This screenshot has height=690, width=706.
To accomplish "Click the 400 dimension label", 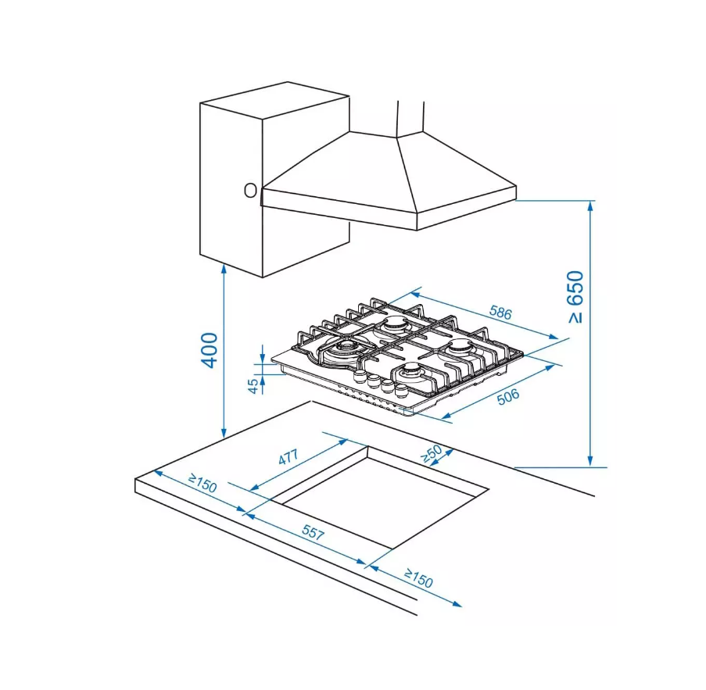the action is [x=210, y=350].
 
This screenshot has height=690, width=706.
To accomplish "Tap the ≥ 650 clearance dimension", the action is [x=575, y=297].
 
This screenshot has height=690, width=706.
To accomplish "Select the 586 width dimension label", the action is [x=500, y=313].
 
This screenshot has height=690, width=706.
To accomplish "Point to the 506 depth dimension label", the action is [x=508, y=396].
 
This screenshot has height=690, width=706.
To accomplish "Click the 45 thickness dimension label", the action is [x=253, y=386].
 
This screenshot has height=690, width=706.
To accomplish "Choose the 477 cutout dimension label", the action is [x=288, y=457].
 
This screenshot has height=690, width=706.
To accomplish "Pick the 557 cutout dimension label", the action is [x=313, y=532].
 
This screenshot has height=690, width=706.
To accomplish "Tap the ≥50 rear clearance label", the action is [x=432, y=454].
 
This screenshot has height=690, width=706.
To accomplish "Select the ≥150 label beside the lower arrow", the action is [x=419, y=578].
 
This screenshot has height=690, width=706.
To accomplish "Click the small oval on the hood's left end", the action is [x=250, y=191].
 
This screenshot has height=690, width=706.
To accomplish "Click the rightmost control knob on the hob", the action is [x=400, y=389].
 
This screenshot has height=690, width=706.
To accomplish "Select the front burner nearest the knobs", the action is [x=410, y=372].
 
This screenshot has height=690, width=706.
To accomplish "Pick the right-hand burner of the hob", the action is [x=460, y=348].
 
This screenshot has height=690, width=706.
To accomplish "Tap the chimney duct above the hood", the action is [x=410, y=118].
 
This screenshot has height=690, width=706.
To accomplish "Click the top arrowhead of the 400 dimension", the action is [x=224, y=269].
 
